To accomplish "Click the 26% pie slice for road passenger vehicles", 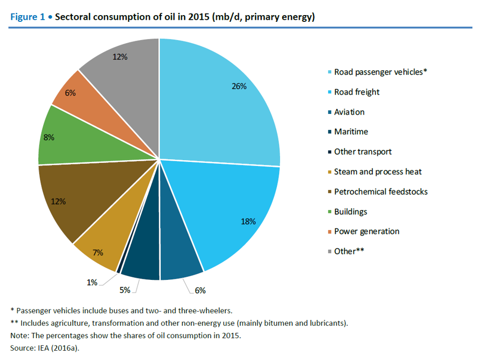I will pos(219,104).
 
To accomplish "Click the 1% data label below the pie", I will pos(92,282).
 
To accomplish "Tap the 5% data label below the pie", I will pos(125,290).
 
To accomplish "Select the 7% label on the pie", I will pos(98,253).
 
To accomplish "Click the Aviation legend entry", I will pos(349,112).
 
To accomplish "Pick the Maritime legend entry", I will pos(351,132).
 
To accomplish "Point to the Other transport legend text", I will pos(363,152).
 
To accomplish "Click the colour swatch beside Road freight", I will pos(329,92).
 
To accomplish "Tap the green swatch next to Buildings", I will pos(329,212).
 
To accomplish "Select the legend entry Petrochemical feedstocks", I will pos(381,191).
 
